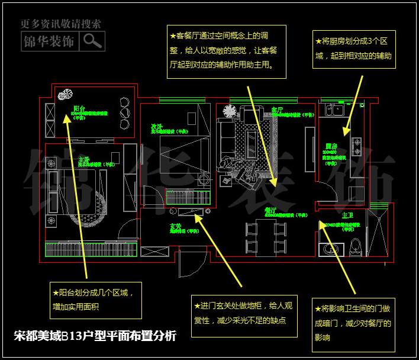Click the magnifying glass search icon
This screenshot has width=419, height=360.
(x=93, y=41)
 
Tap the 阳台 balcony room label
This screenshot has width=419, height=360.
(x=79, y=108)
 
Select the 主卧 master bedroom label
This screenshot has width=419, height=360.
(x=84, y=160)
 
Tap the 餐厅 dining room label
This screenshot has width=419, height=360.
(x=270, y=210)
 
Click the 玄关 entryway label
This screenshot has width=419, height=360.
(x=176, y=225)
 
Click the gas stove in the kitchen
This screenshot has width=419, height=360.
(x=356, y=146)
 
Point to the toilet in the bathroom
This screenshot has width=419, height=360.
(x=356, y=245)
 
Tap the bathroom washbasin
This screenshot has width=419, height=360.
(x=329, y=249)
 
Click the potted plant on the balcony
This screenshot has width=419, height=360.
(x=66, y=95)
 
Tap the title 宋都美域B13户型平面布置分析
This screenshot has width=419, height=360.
(x=95, y=336)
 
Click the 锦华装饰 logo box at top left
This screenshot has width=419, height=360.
(x=49, y=41)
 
